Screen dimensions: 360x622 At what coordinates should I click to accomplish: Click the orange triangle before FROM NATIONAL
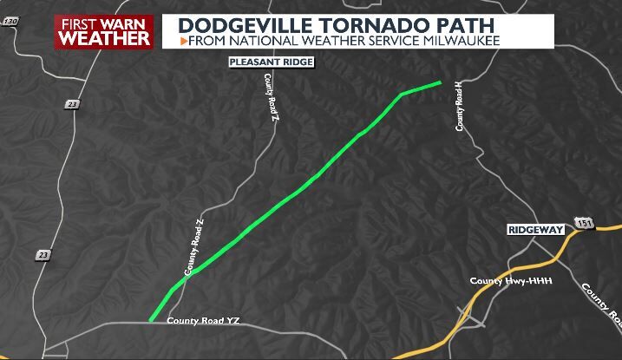coord(185,41)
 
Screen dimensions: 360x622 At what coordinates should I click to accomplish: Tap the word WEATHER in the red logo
coord(103,38)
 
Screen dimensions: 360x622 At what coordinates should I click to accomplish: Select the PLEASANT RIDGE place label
coord(271,62)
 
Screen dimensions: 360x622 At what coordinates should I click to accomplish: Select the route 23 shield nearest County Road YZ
coord(44,254)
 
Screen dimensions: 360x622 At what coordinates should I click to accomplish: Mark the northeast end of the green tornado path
coord(440,83)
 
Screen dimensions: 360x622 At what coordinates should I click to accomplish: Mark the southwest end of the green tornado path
coord(151,319)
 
